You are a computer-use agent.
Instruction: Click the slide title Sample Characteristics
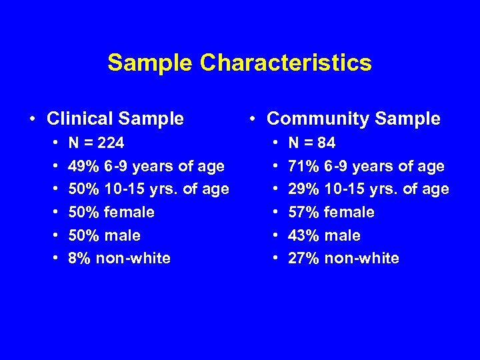tap(239, 63)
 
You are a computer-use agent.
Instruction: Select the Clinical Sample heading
tap(115, 119)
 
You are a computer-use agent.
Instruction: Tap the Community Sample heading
tap(353, 119)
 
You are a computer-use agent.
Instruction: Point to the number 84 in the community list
tap(326, 143)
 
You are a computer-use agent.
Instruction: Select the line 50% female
tap(111, 212)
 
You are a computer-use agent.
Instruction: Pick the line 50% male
tap(104, 235)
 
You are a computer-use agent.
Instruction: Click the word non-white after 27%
tap(361, 259)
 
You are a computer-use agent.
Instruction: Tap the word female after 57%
tap(349, 212)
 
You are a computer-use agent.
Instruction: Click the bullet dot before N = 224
tap(54, 143)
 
